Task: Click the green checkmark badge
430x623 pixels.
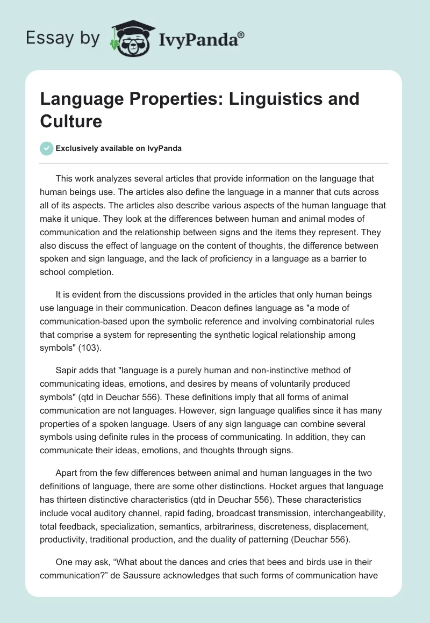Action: coord(47,148)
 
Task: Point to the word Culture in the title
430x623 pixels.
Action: coord(71,121)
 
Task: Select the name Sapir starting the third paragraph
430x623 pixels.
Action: coord(67,371)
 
